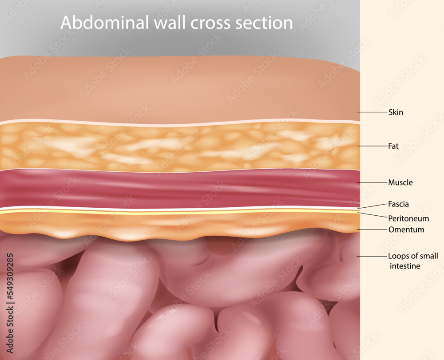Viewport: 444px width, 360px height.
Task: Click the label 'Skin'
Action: [396, 112]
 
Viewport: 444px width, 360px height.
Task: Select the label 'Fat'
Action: [393, 146]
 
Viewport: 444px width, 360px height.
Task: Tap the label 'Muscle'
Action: [400, 182]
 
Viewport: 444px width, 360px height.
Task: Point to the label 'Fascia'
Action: [398, 204]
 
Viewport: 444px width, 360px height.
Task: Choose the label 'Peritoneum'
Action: [408, 218]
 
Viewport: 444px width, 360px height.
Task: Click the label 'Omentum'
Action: [406, 229]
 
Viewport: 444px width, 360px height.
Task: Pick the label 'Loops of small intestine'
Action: [413, 261]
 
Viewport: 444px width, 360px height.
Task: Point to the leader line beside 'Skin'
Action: [372, 112]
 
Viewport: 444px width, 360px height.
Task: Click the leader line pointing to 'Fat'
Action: [372, 146]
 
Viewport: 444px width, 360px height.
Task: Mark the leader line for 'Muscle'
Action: [372, 182]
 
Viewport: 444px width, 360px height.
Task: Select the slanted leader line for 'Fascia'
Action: [372, 206]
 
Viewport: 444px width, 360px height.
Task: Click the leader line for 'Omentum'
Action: [372, 229]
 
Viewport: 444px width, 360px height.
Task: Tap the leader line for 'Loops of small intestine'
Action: [372, 257]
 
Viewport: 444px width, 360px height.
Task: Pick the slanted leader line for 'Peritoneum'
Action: [372, 215]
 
